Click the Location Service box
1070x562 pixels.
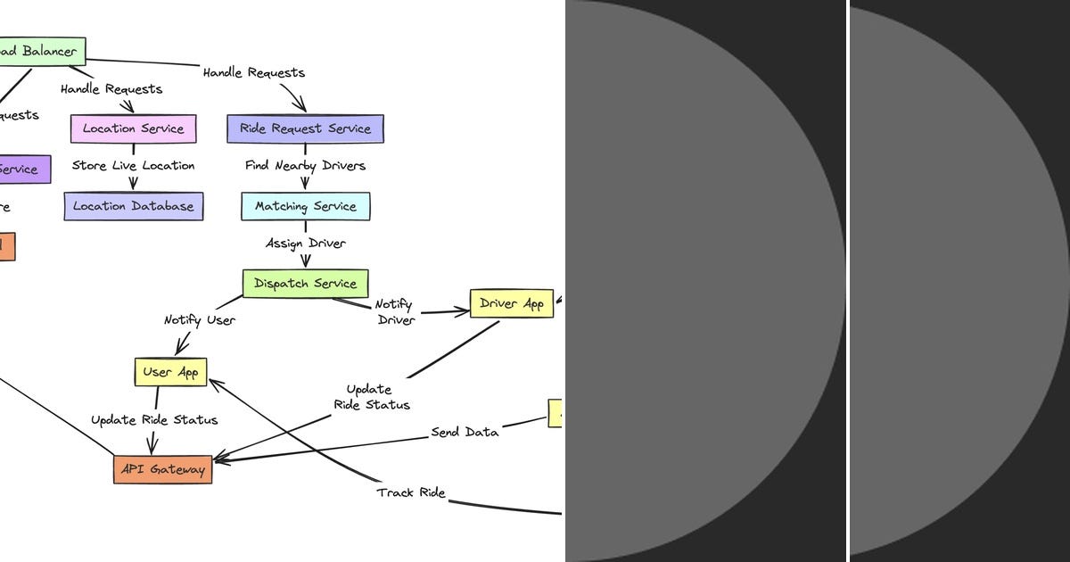pyautogui.click(x=133, y=128)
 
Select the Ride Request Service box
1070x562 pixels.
pyautogui.click(x=305, y=128)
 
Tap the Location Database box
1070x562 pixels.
pyautogui.click(x=134, y=206)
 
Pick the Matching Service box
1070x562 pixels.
pyautogui.click(x=305, y=206)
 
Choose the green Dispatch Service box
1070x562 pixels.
pyautogui.click(x=305, y=284)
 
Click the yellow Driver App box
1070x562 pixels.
pyautogui.click(x=512, y=303)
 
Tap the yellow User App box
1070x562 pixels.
pyautogui.click(x=170, y=372)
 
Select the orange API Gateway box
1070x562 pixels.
pyautogui.click(x=163, y=469)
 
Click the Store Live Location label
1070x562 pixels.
pyautogui.click(x=133, y=166)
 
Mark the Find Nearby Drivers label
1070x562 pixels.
pyautogui.click(x=305, y=166)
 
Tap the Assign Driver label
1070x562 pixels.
pyautogui.click(x=305, y=244)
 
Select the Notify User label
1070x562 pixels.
pyautogui.click(x=200, y=319)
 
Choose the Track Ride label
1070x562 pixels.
pyautogui.click(x=410, y=492)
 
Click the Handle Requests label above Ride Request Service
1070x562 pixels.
pyautogui.click(x=253, y=72)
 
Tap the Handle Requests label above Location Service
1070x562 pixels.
pyautogui.click(x=111, y=89)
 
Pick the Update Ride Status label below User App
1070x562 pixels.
pyautogui.click(x=154, y=420)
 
